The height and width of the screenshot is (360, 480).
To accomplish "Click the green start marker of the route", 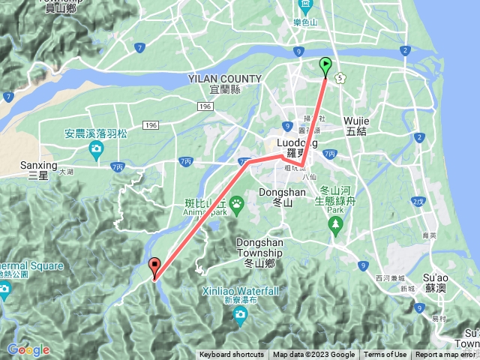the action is click(325, 65).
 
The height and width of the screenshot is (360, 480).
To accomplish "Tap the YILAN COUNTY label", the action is click(225, 79).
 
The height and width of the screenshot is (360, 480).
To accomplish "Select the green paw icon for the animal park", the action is click(236, 202).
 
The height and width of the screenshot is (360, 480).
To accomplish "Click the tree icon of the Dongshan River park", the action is click(335, 223).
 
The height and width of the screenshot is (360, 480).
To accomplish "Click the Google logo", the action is click(28, 349).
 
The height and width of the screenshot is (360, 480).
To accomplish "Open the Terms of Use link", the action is click(385, 355).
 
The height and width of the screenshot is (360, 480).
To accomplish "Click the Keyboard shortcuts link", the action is click(231, 355).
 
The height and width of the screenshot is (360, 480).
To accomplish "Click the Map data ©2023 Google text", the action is click(313, 355).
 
